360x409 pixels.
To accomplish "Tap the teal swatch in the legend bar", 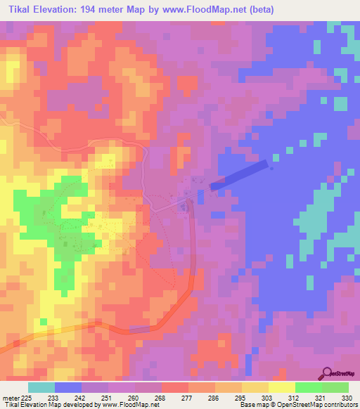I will click(x=41, y=387).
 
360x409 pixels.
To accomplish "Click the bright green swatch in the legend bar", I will click(x=308, y=387).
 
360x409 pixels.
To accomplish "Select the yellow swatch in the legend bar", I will click(x=281, y=387).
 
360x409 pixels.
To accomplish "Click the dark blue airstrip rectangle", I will click(x=239, y=175).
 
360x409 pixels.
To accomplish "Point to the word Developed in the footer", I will click(x=74, y=404).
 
